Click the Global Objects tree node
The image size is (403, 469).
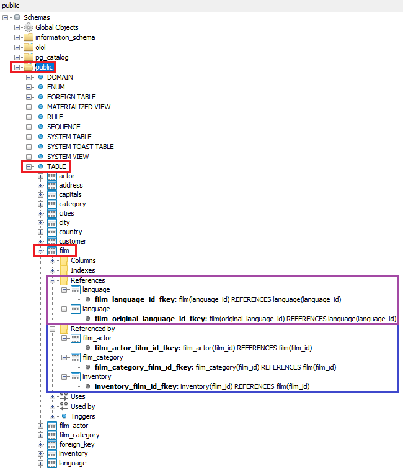56,27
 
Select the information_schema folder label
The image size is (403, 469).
65,37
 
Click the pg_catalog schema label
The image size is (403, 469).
51,57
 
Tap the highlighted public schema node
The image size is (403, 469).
44,67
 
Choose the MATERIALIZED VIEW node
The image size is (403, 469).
79,107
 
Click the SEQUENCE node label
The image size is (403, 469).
63,127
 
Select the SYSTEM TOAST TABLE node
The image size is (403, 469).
80,147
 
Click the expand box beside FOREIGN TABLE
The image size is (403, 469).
29,97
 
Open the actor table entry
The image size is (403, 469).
66,176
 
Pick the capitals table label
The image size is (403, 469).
70,194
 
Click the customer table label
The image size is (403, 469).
73,241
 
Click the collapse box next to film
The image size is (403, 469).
41,250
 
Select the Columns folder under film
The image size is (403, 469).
83,260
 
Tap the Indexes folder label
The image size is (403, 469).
83,270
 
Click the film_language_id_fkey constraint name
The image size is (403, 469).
135,299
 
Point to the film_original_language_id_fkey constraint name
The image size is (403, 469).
151,319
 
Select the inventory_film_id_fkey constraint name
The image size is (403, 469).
136,386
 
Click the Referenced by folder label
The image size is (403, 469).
92,329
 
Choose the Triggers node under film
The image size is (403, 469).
82,416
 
